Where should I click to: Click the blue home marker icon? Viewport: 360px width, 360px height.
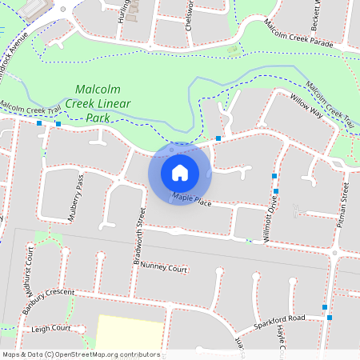tap(180, 172)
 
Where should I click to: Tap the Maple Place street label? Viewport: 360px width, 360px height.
tap(191, 199)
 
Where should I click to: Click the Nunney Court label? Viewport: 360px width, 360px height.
tap(163, 270)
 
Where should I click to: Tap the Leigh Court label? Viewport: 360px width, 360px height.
tap(50, 328)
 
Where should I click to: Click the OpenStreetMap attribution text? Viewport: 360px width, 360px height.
tap(81, 354)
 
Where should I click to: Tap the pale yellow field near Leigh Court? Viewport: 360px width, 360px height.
tap(128, 332)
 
